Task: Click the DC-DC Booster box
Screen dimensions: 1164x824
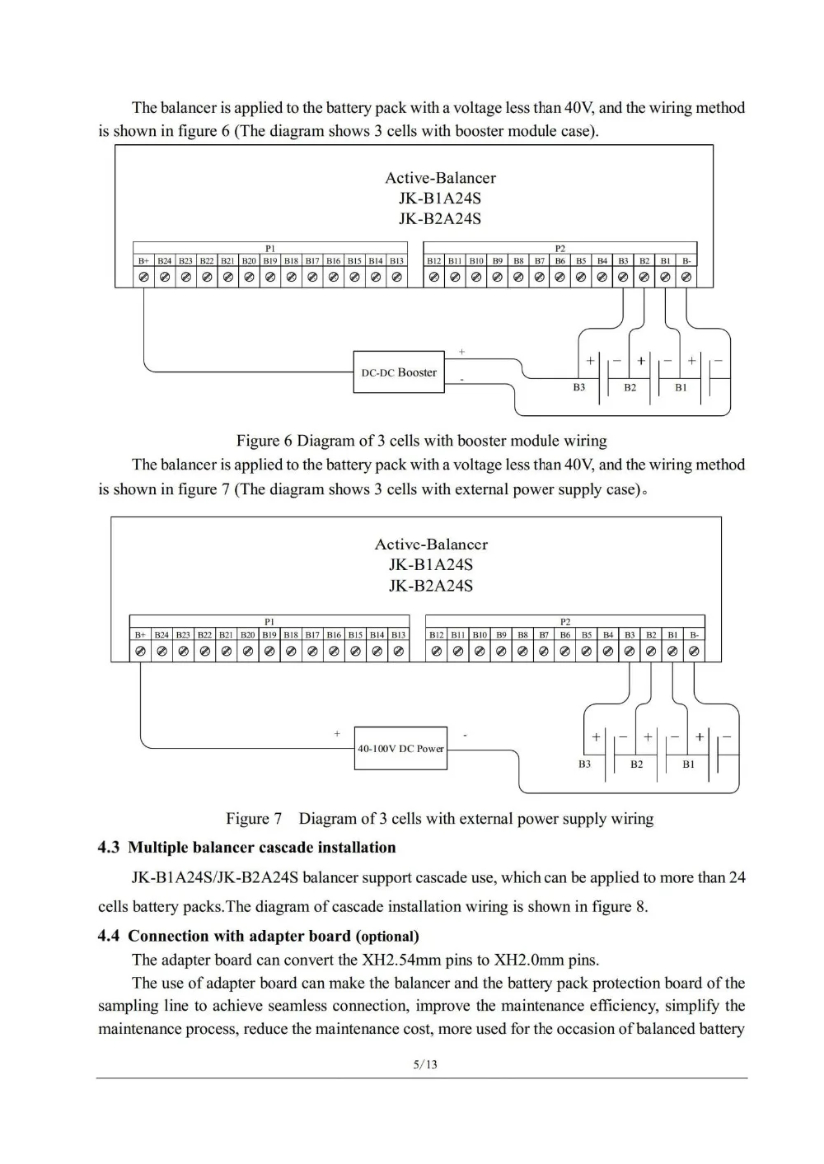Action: click(x=399, y=372)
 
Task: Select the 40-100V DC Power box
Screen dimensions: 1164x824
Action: click(x=400, y=748)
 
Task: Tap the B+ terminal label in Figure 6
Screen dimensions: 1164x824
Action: click(x=143, y=260)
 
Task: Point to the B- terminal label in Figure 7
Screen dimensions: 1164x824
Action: click(x=694, y=634)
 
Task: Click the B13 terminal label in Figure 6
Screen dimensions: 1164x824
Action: click(x=397, y=260)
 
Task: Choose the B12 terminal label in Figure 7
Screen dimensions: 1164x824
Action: click(x=436, y=634)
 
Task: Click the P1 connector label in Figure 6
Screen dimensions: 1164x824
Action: click(x=270, y=248)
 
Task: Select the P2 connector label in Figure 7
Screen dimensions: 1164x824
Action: click(x=565, y=622)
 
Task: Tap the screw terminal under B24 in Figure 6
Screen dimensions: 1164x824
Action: click(x=165, y=278)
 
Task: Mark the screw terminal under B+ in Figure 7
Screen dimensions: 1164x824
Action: click(x=140, y=652)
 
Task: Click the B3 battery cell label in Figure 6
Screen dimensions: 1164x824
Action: click(x=579, y=387)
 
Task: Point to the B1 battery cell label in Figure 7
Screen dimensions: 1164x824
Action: click(x=689, y=764)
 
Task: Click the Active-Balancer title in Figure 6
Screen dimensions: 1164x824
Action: click(x=440, y=178)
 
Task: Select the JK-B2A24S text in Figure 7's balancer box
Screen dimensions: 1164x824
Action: click(x=431, y=586)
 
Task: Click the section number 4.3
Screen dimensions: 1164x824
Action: click(x=109, y=848)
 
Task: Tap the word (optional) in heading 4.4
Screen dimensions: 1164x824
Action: click(x=387, y=937)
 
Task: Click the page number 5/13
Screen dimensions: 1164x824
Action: click(x=425, y=1064)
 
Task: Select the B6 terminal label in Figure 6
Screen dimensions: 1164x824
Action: click(x=560, y=260)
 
